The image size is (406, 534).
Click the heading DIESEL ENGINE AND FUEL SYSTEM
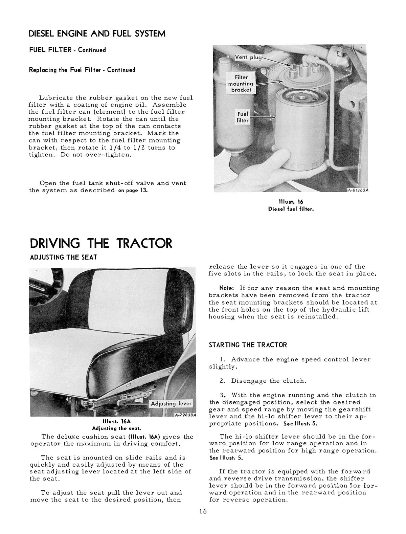tap(97, 34)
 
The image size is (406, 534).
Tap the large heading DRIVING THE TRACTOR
tap(101, 243)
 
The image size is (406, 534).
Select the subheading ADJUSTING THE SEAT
tap(64, 257)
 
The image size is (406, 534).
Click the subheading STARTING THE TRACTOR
tap(248, 345)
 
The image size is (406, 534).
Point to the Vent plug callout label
tap(248, 57)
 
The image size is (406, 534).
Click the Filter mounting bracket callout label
tap(241, 84)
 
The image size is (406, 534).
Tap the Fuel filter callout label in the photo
tap(243, 117)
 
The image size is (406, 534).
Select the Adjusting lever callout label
tap(171, 403)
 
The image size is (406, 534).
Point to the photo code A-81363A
tap(357, 190)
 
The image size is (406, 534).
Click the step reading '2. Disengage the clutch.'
tap(263, 381)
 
